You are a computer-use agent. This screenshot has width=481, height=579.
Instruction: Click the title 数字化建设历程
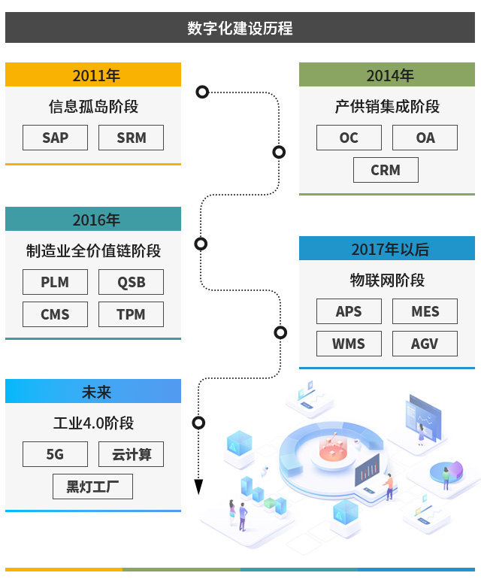[240, 29]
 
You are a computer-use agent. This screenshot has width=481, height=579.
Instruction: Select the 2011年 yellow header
[93, 75]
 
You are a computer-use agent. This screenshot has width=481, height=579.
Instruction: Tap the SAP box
[55, 138]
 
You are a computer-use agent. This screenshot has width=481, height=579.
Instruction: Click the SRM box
[131, 138]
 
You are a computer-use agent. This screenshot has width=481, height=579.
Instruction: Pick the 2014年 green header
[387, 75]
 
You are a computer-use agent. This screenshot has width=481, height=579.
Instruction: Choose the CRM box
[386, 170]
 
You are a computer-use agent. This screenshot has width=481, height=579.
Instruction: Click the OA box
[425, 138]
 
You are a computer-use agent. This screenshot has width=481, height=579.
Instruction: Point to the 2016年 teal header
[93, 220]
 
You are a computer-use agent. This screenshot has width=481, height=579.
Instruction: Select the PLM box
[55, 282]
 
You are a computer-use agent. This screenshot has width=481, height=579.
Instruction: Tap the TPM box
[131, 314]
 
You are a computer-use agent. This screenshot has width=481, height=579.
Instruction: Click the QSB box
[131, 282]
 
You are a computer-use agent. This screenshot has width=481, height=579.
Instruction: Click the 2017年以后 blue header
[387, 249]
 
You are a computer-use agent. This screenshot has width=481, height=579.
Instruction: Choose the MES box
[425, 311]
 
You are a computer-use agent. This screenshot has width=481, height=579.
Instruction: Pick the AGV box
[425, 344]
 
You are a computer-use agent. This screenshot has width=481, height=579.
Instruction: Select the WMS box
[349, 344]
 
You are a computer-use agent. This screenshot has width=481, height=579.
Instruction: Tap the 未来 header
[93, 392]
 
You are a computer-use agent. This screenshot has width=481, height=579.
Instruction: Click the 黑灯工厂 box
[92, 487]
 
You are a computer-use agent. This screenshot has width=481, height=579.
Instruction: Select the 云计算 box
[131, 454]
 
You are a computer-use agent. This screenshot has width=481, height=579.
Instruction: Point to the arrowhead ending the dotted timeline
[198, 487]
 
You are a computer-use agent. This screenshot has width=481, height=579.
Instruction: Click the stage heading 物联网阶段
[387, 280]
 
